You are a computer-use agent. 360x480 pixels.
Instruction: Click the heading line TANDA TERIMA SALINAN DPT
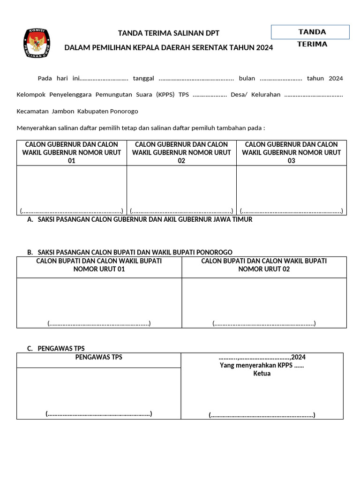168,33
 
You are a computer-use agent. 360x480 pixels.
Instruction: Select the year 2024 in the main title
264,48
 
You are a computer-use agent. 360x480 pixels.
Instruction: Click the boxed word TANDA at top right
312,32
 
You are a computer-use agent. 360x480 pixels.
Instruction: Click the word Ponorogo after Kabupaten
124,111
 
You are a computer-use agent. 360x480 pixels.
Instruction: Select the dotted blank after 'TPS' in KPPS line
210,95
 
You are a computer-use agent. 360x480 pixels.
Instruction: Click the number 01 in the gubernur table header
72,160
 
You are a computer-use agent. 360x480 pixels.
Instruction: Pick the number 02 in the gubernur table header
181,160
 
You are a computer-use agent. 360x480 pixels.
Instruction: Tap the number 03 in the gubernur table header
291,160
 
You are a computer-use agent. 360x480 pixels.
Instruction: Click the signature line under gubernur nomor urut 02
181,211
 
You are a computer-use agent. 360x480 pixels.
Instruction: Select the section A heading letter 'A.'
30,219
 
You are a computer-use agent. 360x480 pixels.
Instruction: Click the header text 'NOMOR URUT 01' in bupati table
99,269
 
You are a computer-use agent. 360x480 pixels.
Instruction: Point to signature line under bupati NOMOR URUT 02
264,323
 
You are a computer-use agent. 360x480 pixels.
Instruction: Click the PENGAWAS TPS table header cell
99,357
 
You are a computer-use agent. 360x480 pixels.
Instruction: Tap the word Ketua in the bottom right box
262,374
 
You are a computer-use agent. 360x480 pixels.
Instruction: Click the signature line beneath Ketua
262,415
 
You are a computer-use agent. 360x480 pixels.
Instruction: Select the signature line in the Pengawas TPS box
99,413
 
